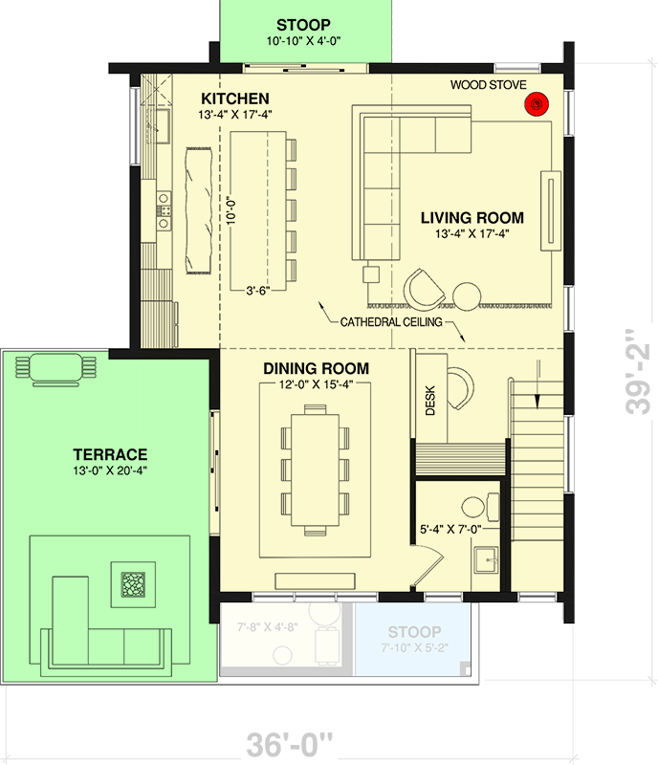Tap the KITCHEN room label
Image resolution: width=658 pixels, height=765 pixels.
(x=234, y=98)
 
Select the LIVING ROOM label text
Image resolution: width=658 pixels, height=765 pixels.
(x=472, y=218)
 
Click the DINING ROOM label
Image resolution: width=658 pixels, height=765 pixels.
(x=316, y=368)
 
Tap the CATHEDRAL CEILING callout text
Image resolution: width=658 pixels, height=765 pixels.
(x=391, y=322)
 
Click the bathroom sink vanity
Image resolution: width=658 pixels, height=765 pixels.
(x=486, y=560)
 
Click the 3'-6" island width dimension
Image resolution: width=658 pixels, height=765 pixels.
(x=256, y=291)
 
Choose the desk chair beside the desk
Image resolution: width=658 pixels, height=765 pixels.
(x=461, y=384)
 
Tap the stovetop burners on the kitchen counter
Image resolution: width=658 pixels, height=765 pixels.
(x=164, y=209)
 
